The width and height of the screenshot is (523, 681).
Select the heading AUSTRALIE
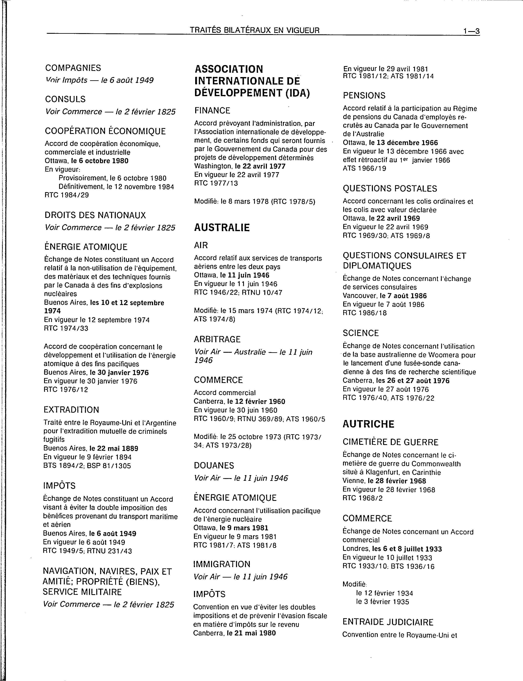222,228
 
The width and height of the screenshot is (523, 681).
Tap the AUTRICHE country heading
368,424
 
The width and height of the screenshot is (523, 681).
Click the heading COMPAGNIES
73,68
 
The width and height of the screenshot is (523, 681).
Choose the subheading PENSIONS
364,95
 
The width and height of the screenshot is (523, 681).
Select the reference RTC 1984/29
67,195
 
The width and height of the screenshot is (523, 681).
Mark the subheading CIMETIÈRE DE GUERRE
390,442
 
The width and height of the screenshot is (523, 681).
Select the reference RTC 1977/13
216,183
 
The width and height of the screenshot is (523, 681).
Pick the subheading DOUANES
214,466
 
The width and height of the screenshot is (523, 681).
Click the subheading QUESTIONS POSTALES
390,188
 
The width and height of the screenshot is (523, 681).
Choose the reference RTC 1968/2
362,498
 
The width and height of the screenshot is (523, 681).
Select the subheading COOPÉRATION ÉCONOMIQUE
105,131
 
